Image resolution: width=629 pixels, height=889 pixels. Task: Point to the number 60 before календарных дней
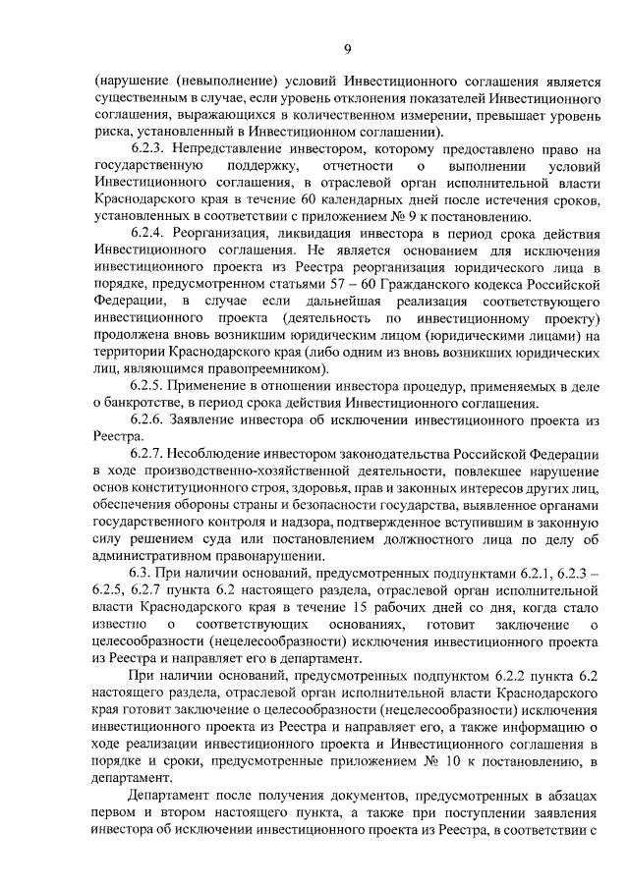click(x=266, y=199)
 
